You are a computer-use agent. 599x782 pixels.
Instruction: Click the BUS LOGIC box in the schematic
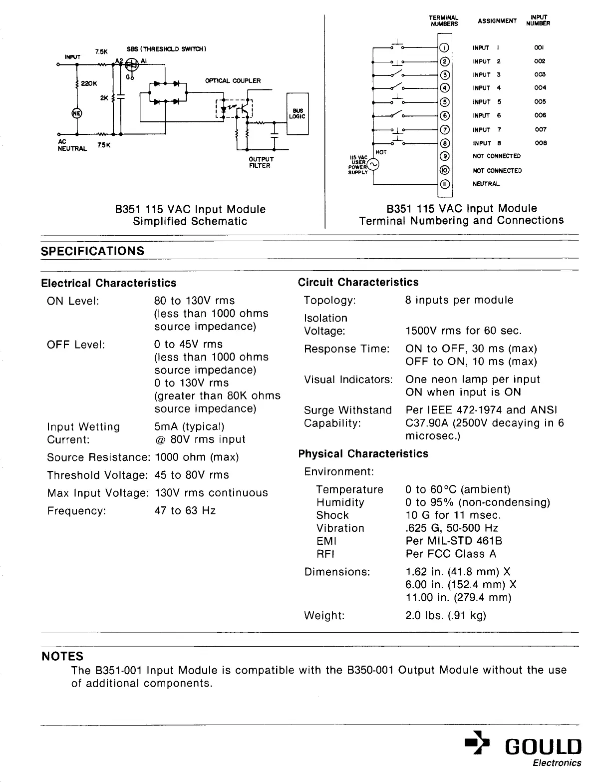pyautogui.click(x=297, y=113)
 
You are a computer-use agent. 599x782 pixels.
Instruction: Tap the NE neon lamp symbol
pyautogui.click(x=77, y=113)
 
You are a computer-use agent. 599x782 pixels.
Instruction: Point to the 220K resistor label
pyautogui.click(x=88, y=83)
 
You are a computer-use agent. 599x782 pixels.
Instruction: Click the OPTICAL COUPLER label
pyautogui.click(x=233, y=80)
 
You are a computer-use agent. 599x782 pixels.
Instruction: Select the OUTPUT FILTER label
pyautogui.click(x=261, y=162)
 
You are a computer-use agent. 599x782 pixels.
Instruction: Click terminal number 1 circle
pyautogui.click(x=444, y=48)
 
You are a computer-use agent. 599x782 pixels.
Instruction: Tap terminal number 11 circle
pyautogui.click(x=444, y=184)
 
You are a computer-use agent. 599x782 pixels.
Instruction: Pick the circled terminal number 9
pyautogui.click(x=444, y=156)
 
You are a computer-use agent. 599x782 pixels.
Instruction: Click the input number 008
pyautogui.click(x=541, y=143)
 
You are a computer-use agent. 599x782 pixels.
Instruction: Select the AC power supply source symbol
pyautogui.click(x=373, y=164)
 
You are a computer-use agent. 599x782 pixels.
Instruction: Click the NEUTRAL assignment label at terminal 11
pyautogui.click(x=486, y=184)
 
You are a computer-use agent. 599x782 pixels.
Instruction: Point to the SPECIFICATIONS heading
pyautogui.click(x=92, y=251)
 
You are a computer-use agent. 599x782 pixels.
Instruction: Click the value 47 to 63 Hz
pyautogui.click(x=185, y=511)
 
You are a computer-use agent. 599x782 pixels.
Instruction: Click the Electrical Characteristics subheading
pyautogui.click(x=109, y=283)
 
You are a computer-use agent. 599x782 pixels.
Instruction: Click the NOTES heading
pyautogui.click(x=62, y=656)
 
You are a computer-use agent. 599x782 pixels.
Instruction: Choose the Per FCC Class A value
pyautogui.click(x=451, y=554)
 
